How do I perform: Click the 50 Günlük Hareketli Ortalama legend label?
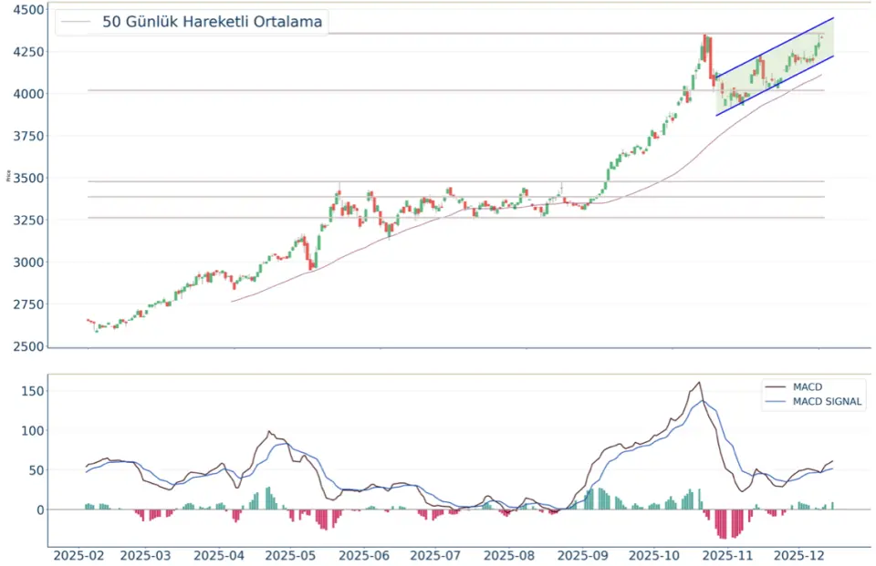pyautogui.click(x=212, y=22)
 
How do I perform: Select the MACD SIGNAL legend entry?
pyautogui.click(x=828, y=401)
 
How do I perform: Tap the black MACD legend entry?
pyautogui.click(x=808, y=387)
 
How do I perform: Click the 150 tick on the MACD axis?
pyautogui.click(x=34, y=391)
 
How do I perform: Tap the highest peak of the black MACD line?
pyautogui.click(x=699, y=383)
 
